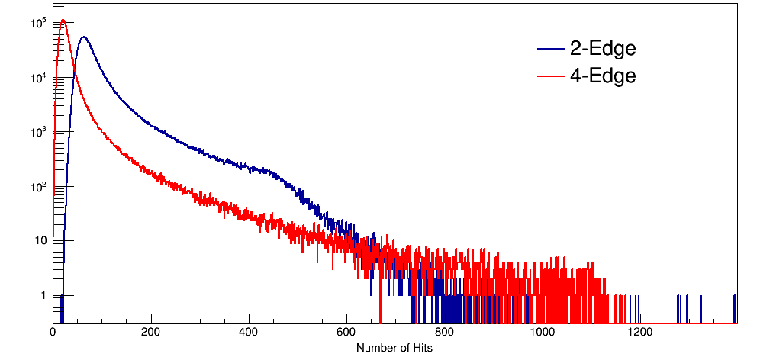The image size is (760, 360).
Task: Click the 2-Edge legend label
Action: (x=602, y=49)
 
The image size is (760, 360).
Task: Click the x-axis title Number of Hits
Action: (x=394, y=348)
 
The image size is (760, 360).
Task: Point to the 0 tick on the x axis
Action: (x=53, y=333)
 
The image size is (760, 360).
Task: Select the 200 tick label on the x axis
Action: (x=151, y=333)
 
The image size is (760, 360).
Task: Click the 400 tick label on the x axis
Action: (x=249, y=333)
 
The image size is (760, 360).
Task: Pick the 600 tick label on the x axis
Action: (x=346, y=333)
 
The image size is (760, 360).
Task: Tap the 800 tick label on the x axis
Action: (x=444, y=333)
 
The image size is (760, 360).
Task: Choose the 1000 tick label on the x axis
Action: (x=542, y=333)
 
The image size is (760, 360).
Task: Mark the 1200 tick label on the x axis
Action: (x=639, y=333)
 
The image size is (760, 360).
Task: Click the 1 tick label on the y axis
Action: (x=43, y=295)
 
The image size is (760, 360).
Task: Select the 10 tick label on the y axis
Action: (x=40, y=241)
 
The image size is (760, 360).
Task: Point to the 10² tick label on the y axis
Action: (x=39, y=186)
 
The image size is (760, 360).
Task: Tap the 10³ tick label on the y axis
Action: (x=39, y=132)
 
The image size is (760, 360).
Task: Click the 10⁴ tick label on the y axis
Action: (x=39, y=77)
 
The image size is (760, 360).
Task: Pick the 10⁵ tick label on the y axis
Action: (x=39, y=23)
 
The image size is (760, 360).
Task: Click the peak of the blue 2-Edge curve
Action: (x=83, y=37)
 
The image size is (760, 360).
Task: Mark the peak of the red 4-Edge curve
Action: (x=63, y=21)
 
